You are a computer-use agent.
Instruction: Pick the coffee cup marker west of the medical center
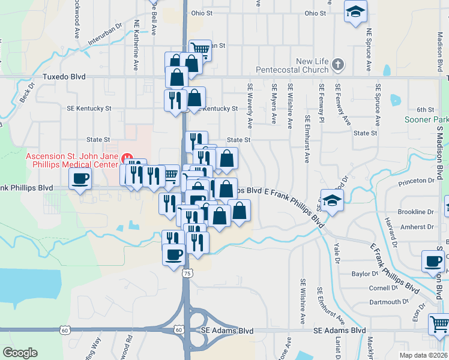click(80, 178)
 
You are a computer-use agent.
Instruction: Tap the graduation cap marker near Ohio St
click(355, 12)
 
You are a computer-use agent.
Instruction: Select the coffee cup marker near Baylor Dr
click(433, 261)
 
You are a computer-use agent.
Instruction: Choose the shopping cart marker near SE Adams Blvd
click(438, 325)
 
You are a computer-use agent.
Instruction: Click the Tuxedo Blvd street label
click(64, 77)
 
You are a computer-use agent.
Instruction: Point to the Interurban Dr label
click(105, 35)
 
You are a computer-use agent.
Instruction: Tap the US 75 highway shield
click(188, 273)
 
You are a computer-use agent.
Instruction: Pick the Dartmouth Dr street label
click(385, 302)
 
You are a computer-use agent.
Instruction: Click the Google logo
click(20, 353)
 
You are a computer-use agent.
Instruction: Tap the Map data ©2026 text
click(423, 355)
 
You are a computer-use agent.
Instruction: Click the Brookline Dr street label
click(415, 212)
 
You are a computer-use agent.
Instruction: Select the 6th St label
click(425, 110)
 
